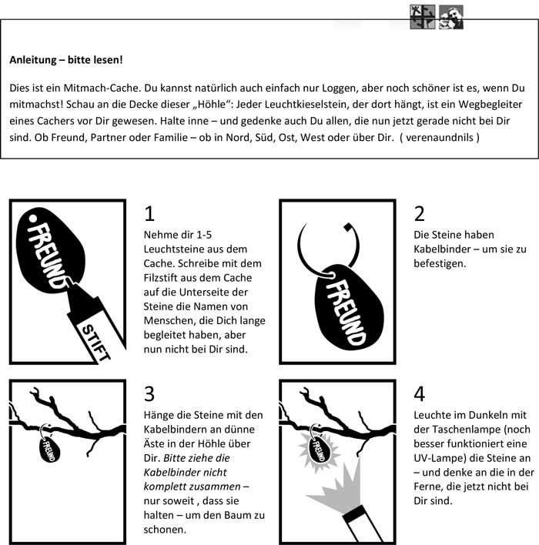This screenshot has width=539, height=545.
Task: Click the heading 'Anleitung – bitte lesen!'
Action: [x=66, y=59]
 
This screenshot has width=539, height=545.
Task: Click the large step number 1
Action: [x=149, y=213]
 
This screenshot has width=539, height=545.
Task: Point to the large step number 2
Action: [x=419, y=213]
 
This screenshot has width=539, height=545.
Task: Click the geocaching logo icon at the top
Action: [x=423, y=17]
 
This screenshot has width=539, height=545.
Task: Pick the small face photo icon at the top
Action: [x=450, y=17]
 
